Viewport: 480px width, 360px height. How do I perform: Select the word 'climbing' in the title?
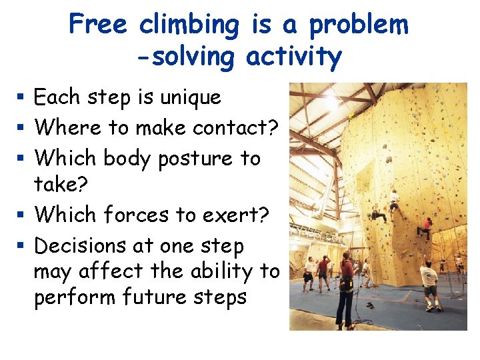point(189,26)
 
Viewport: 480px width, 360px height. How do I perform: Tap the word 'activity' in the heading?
point(293,57)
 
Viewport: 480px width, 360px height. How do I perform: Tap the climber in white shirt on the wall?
point(394,198)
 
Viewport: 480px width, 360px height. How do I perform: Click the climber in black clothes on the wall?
point(379,216)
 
